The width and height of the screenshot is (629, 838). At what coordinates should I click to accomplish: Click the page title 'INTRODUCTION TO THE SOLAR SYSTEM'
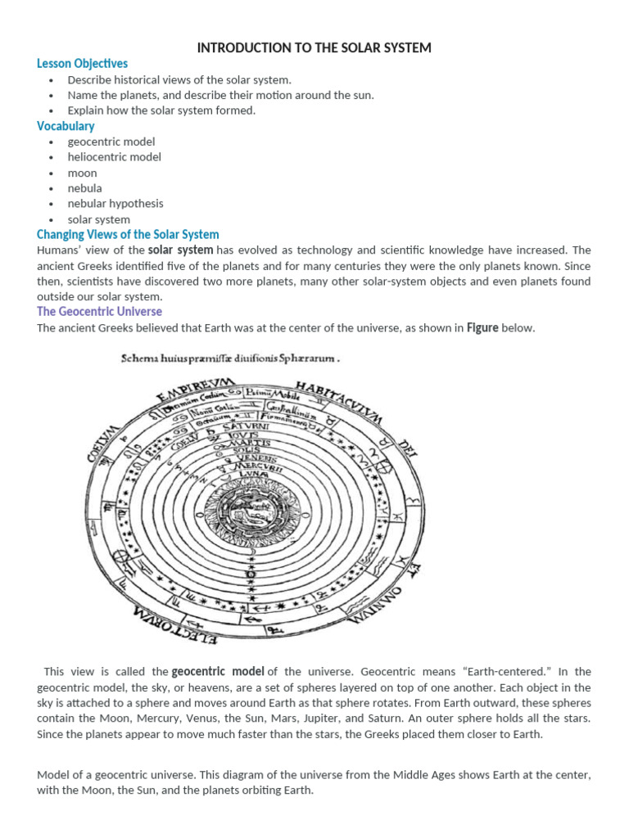314,48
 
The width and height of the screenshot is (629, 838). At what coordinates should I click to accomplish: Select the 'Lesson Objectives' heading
82,64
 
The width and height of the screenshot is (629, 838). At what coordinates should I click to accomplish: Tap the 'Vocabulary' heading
66,126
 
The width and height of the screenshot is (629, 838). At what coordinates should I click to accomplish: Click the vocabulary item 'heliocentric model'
114,157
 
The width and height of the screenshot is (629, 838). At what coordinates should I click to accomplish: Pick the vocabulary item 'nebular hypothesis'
115,204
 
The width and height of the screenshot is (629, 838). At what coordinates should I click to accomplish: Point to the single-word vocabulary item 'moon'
82,173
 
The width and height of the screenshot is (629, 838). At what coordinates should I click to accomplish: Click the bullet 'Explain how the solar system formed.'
161,110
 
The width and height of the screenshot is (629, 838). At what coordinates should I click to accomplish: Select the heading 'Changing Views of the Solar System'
128,235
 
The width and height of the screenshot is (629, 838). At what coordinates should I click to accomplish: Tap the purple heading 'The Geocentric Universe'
99,312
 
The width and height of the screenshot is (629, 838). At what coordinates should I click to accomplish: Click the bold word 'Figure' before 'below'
482,328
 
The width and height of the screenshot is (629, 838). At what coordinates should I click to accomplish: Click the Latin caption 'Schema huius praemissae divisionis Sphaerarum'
230,358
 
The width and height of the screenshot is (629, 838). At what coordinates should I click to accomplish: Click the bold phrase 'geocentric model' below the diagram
218,672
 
